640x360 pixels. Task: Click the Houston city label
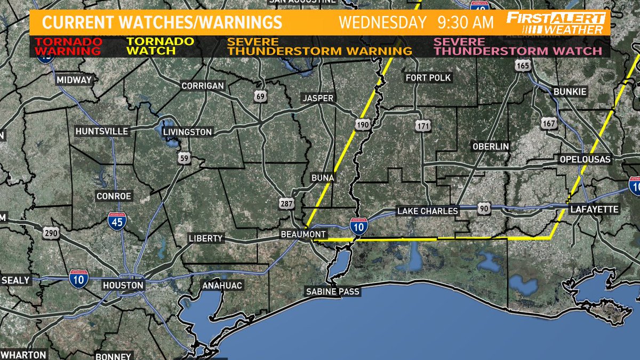tap(123, 285)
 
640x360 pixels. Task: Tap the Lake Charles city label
tap(428, 211)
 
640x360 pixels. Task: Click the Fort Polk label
tap(428, 78)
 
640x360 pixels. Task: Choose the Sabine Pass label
tap(332, 292)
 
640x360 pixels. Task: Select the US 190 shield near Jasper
tap(363, 124)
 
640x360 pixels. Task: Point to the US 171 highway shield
tap(421, 126)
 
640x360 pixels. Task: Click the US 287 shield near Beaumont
tap(285, 203)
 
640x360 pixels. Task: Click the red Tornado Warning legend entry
tap(71, 46)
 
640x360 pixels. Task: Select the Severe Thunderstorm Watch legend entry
tap(518, 46)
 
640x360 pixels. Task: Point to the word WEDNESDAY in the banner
tap(383, 23)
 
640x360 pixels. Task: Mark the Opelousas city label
tap(585, 159)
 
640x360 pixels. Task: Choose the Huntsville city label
tap(102, 131)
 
